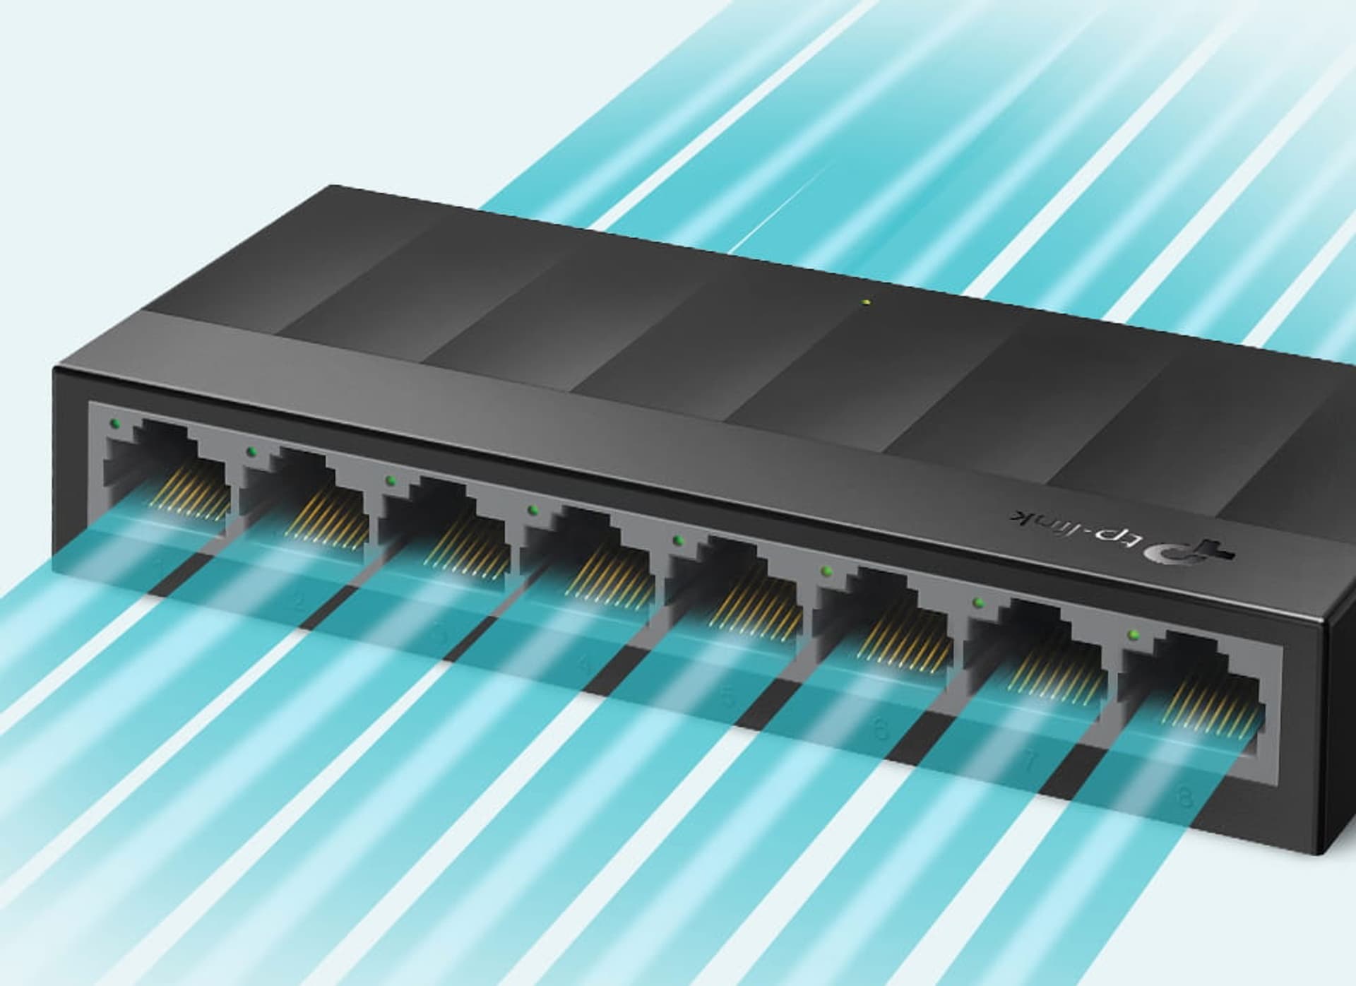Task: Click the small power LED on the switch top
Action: (x=867, y=304)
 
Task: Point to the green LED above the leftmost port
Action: (x=115, y=424)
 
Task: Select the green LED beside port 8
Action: (x=1134, y=634)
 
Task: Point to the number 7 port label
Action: (x=1030, y=763)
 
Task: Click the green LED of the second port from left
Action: (x=249, y=451)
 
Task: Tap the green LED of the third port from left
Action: (x=389, y=480)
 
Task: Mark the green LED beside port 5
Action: (x=678, y=540)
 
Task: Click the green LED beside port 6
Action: (x=824, y=570)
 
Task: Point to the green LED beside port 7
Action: (x=978, y=602)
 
